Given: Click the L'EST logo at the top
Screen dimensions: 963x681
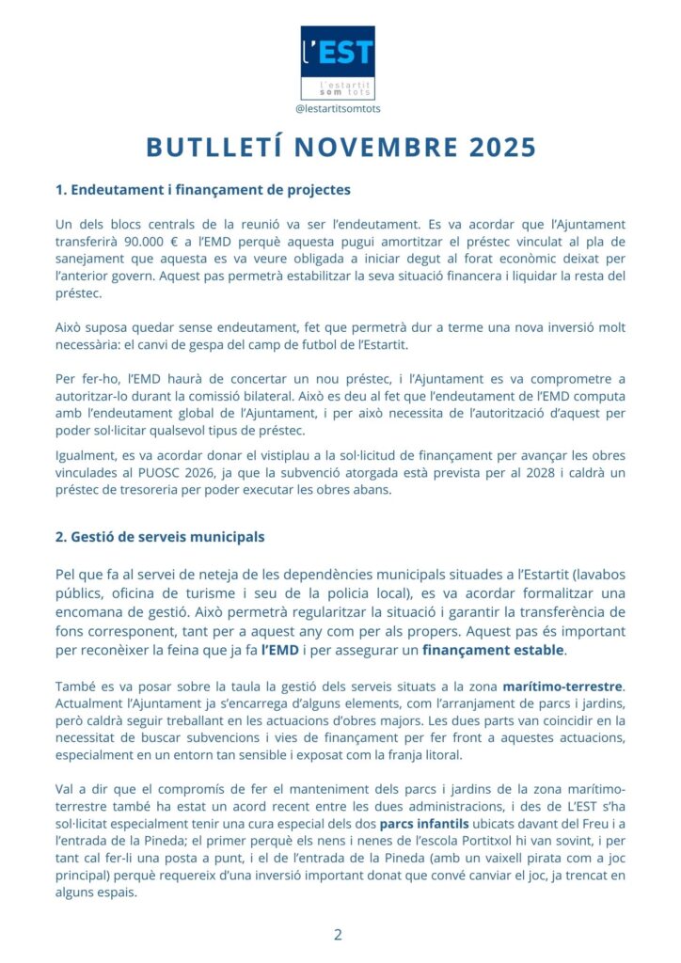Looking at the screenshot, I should [338, 62].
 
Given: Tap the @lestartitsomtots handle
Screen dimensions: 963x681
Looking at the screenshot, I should [338, 109].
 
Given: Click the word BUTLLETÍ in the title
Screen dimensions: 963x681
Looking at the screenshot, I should [213, 148].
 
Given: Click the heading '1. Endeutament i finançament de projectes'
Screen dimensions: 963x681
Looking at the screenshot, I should [202, 190].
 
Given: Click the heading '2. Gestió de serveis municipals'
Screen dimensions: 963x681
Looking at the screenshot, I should [160, 537].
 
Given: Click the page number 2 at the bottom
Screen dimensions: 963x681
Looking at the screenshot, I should [338, 935].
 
